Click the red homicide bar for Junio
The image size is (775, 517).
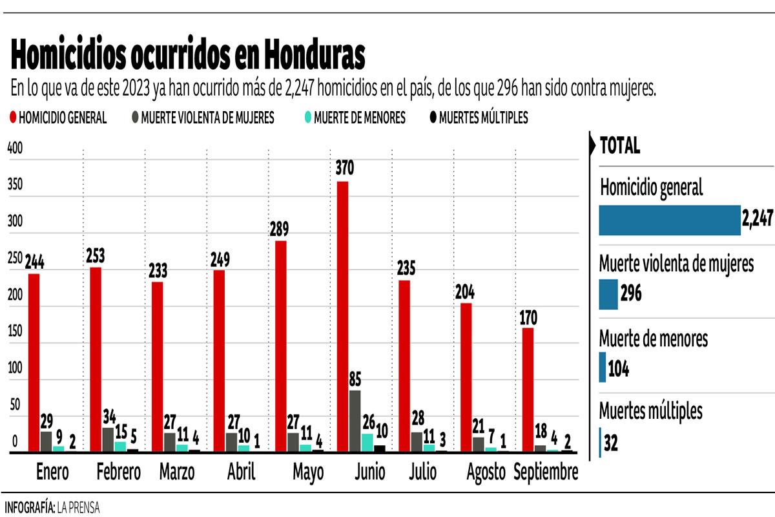pyautogui.click(x=342, y=317)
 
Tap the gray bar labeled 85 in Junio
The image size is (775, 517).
pyautogui.click(x=355, y=421)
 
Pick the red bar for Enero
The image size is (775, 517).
pyautogui.click(x=34, y=363)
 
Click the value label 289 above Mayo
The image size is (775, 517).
pyautogui.click(x=280, y=229)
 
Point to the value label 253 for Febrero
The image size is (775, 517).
pyautogui.click(x=96, y=256)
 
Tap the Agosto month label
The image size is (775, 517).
pyautogui.click(x=486, y=472)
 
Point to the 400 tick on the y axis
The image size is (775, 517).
pyautogui.click(x=15, y=148)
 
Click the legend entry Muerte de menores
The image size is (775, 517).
pyautogui.click(x=354, y=118)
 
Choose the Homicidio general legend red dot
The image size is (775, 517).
pyautogui.click(x=12, y=118)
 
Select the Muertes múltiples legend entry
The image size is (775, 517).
pyautogui.click(x=478, y=118)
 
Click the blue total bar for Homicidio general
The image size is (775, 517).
pyautogui.click(x=669, y=220)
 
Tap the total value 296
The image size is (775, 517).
pyautogui.click(x=631, y=294)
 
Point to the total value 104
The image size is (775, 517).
pyautogui.click(x=618, y=369)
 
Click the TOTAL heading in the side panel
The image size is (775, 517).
pyautogui.click(x=620, y=146)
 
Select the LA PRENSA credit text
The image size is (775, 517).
pyautogui.click(x=78, y=507)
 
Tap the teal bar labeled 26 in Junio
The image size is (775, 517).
pyautogui.click(x=367, y=442)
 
